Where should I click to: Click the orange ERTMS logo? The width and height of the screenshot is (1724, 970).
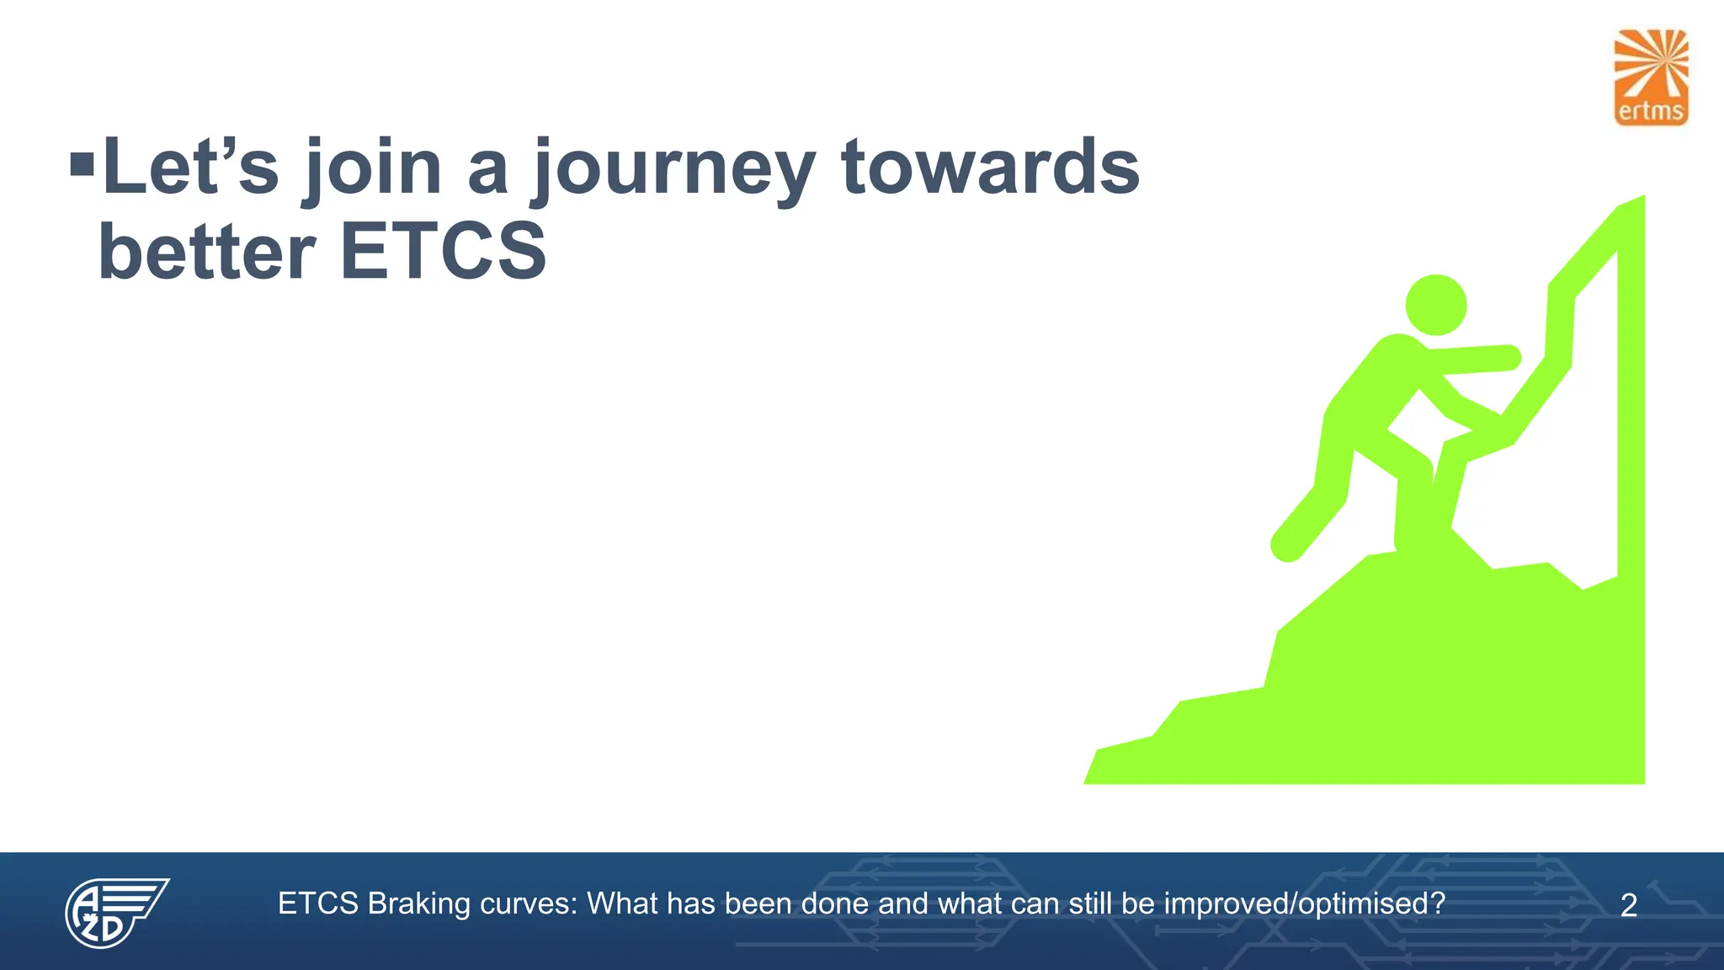[1651, 77]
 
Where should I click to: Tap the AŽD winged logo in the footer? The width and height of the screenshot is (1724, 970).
[115, 912]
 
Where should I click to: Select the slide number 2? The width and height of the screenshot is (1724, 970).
[1628, 906]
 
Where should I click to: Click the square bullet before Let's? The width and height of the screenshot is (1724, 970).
[82, 165]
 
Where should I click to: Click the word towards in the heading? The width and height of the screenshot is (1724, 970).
[990, 167]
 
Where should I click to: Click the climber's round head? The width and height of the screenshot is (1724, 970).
[1436, 306]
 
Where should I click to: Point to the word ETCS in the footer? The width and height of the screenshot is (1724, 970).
[318, 904]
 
